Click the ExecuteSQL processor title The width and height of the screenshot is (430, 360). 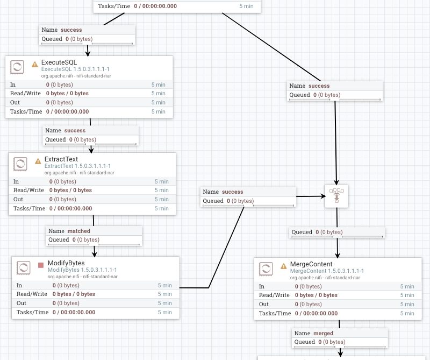59,62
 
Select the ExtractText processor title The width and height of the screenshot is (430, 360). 61,159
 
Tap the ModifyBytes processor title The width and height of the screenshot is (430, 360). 66,263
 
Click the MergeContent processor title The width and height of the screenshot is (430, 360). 311,264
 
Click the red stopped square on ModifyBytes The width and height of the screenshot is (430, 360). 41,265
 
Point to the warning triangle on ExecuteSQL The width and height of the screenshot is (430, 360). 35,64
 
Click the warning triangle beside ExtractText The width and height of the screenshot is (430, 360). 38,161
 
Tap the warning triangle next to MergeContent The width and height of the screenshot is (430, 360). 283,266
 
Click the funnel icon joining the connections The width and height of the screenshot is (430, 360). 336,196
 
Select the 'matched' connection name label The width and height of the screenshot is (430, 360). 78,231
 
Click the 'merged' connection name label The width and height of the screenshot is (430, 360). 323,333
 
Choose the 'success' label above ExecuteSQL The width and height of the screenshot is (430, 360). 71,30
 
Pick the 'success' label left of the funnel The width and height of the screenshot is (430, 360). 232,192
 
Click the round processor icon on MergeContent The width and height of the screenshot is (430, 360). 266,269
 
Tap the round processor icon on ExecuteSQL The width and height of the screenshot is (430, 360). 17,67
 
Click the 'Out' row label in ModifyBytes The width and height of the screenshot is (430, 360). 21,303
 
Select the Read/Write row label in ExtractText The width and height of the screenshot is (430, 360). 28,190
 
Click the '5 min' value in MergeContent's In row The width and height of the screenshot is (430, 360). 407,286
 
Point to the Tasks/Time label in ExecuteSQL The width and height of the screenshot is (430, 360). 26,111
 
